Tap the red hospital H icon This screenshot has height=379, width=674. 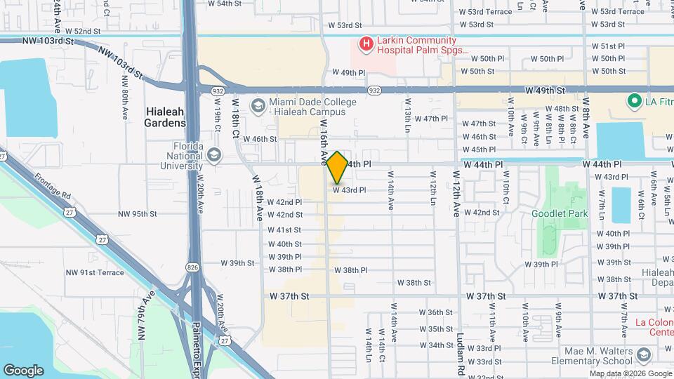pos(365,45)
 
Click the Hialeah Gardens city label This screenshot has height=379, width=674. pos(166,117)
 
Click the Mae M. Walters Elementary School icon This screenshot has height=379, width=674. pos(642,355)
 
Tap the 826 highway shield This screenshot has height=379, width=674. pos(192,267)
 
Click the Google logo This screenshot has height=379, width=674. pos(23,370)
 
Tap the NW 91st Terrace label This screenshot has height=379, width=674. pos(95,272)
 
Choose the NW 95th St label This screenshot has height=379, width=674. pos(138,214)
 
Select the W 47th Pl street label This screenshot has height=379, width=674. pos(431,118)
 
